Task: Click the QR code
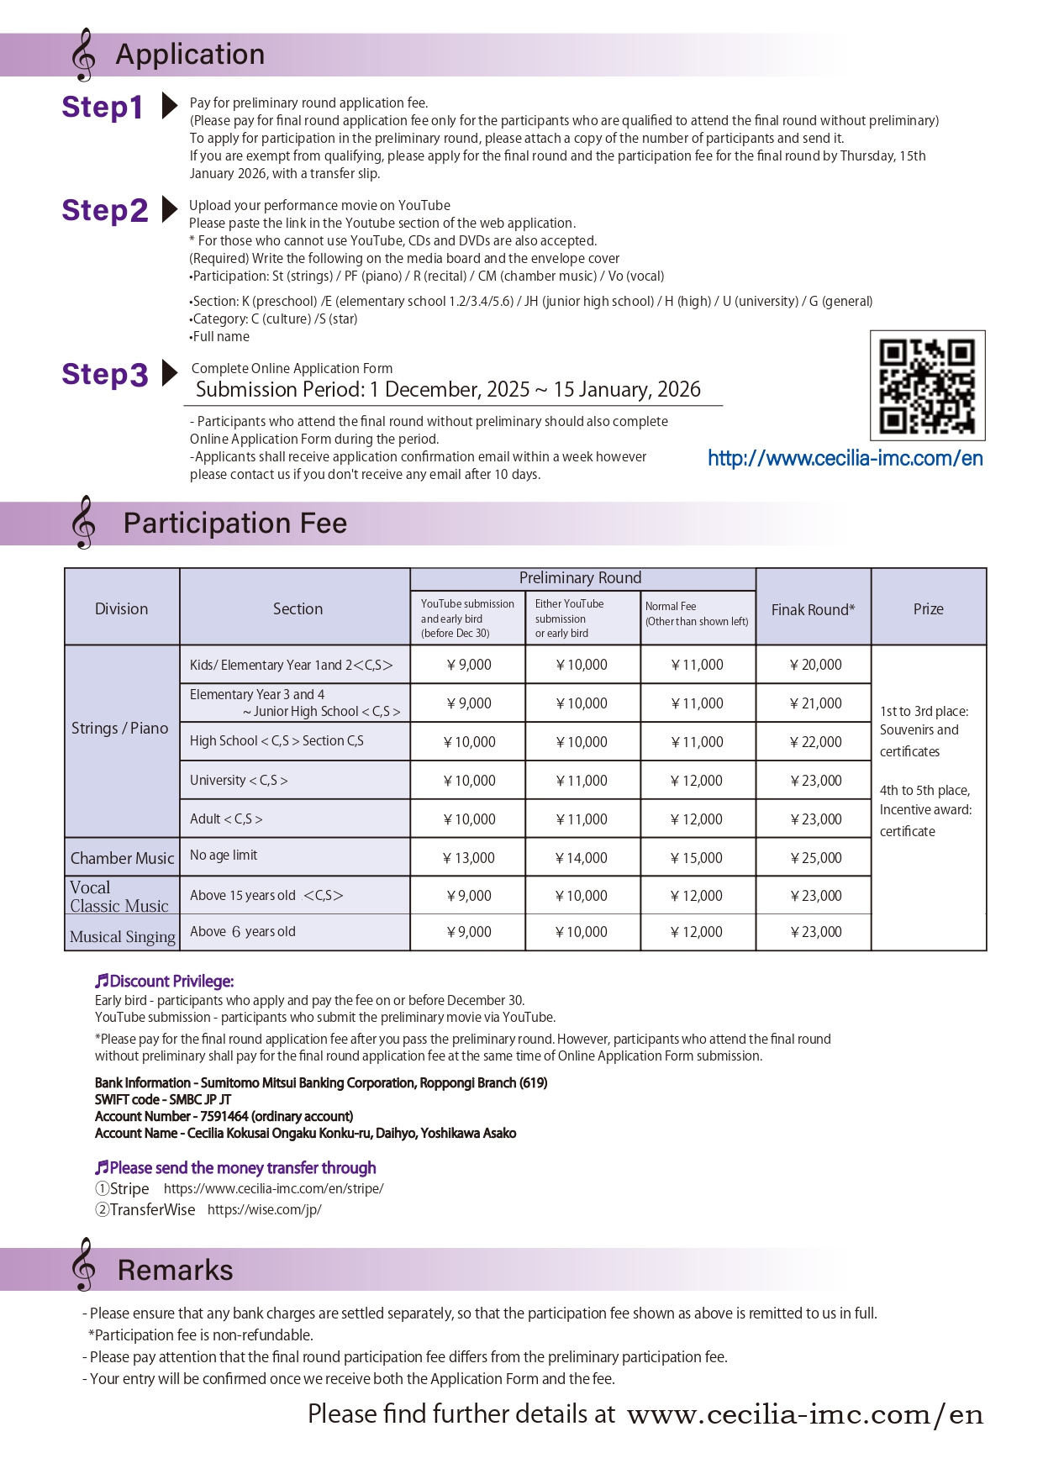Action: pyautogui.click(x=927, y=386)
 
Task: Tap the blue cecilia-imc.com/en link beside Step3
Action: pyautogui.click(x=845, y=458)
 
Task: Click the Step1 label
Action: pyautogui.click(x=102, y=108)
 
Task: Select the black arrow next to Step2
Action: pyautogui.click(x=169, y=209)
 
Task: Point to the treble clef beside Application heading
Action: pyautogui.click(x=83, y=55)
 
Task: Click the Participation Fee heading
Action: pyautogui.click(x=234, y=524)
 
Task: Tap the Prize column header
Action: pyautogui.click(x=928, y=609)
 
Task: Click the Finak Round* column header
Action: pyautogui.click(x=813, y=609)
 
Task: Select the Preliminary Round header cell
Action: pyautogui.click(x=580, y=578)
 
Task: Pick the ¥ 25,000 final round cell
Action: pyautogui.click(x=815, y=858)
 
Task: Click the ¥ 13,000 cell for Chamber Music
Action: pyautogui.click(x=469, y=858)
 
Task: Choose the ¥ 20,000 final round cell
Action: pyautogui.click(x=815, y=665)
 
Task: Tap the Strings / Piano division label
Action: pyautogui.click(x=120, y=729)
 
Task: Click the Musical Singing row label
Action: pyautogui.click(x=123, y=936)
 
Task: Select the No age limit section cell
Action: pyautogui.click(x=224, y=855)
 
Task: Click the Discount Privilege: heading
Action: pyautogui.click(x=165, y=981)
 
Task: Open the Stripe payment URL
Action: pyautogui.click(x=273, y=1188)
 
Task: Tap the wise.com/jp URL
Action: pyautogui.click(x=264, y=1209)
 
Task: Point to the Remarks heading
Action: pyautogui.click(x=175, y=1270)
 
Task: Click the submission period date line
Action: pyautogui.click(x=448, y=390)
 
